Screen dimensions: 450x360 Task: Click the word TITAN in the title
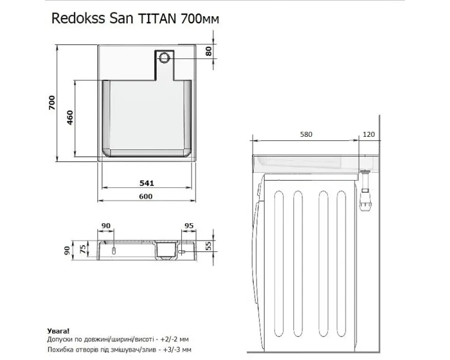(x=157, y=19)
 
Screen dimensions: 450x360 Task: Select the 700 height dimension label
(x=52, y=103)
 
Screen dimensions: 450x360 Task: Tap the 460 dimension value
(x=70, y=118)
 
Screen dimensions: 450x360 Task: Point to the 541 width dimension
(x=146, y=183)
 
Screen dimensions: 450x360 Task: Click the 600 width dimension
(x=146, y=196)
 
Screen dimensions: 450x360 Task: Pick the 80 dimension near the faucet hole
(x=209, y=51)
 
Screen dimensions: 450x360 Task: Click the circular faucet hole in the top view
(x=165, y=58)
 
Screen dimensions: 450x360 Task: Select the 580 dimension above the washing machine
(x=306, y=134)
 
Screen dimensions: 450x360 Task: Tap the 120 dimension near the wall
(x=369, y=134)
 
